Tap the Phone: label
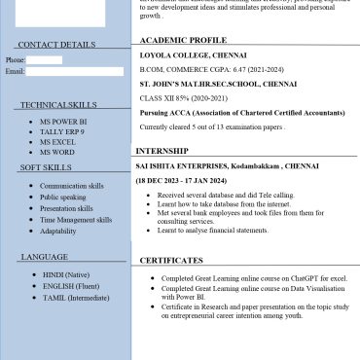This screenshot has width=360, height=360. (15, 60)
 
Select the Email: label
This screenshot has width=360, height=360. (15, 72)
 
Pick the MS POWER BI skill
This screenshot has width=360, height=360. (64, 122)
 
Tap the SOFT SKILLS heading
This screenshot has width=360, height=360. (45, 168)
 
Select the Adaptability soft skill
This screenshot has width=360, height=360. (58, 232)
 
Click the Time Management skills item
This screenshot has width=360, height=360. (76, 220)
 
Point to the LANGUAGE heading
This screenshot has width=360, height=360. (44, 257)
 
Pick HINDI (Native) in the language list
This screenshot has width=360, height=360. (67, 275)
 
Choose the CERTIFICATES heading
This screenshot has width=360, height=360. (171, 261)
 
